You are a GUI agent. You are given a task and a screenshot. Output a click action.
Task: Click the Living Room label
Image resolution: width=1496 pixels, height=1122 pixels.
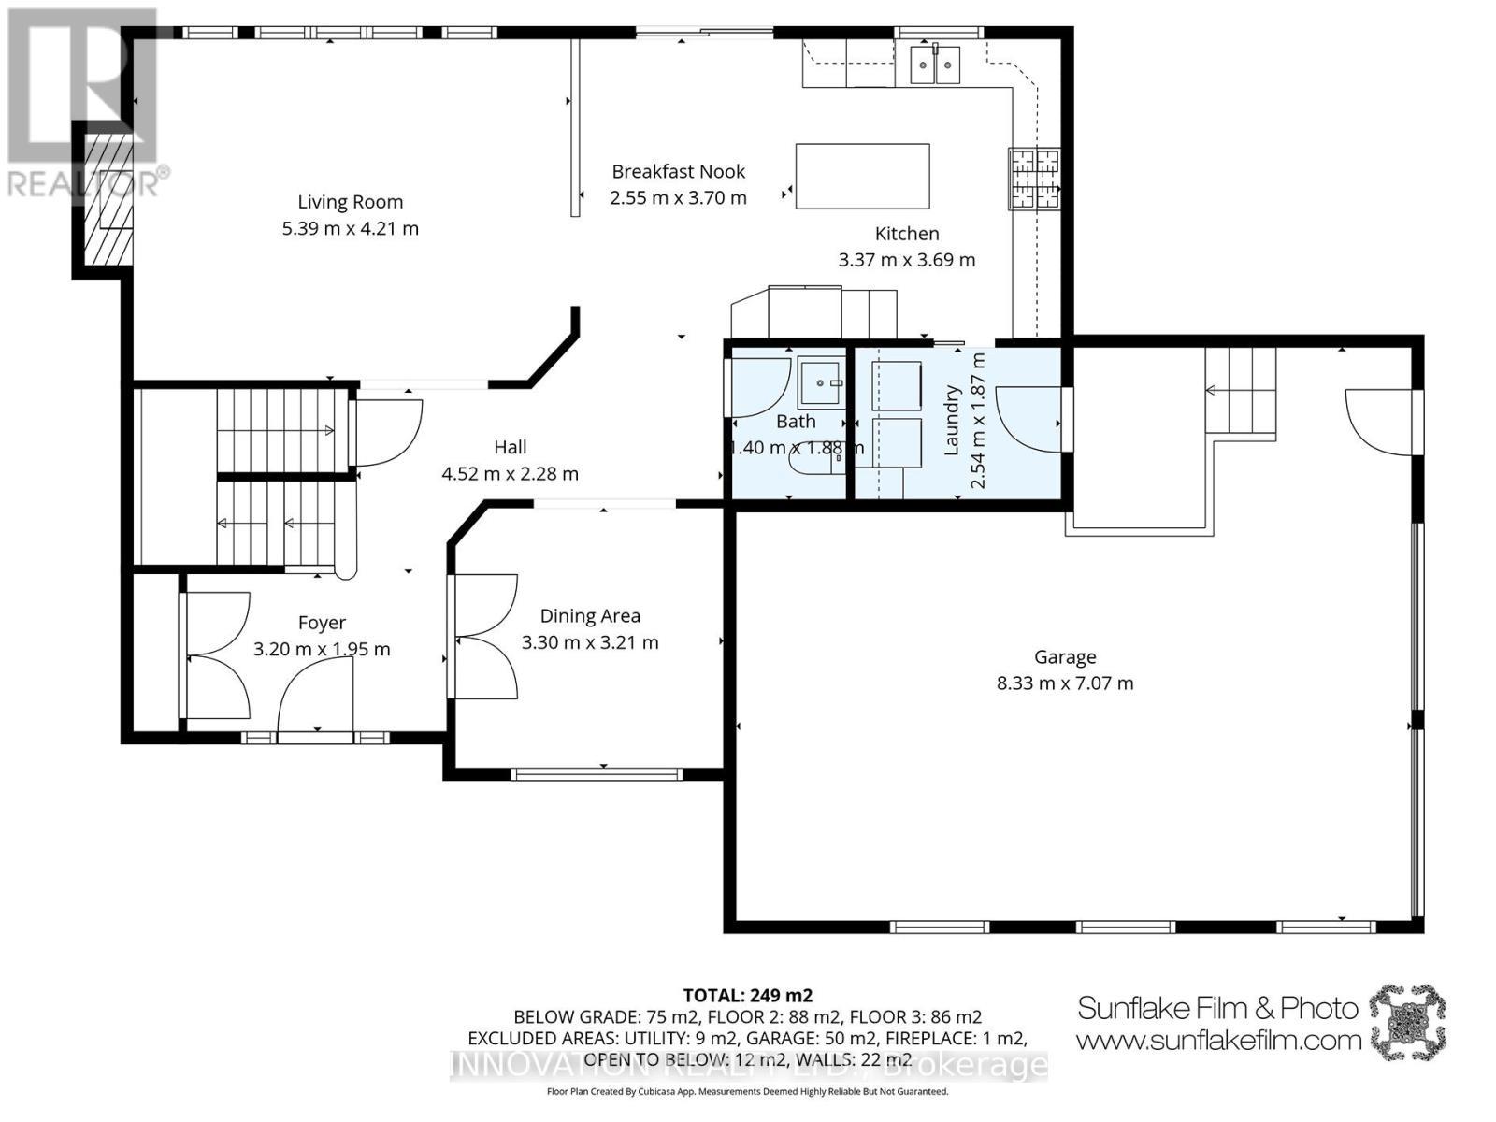pos(350,202)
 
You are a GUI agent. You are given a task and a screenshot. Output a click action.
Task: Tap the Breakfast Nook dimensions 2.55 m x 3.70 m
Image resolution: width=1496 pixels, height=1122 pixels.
pos(678,198)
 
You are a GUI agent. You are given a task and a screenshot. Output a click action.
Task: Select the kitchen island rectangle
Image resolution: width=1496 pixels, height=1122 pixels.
pos(862,176)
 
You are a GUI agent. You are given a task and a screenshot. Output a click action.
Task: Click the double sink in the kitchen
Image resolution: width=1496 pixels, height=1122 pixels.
pos(936,64)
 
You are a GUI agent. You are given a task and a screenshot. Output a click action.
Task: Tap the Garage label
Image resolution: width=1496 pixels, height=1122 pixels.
pos(1065,657)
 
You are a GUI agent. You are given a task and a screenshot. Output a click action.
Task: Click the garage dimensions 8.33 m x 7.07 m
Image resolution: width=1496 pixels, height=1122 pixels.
pos(1065,683)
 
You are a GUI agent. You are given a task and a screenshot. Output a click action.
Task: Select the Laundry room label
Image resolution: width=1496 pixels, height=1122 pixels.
pos(952,420)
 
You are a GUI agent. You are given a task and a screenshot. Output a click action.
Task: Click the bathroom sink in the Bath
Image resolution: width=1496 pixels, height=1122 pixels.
pos(821,381)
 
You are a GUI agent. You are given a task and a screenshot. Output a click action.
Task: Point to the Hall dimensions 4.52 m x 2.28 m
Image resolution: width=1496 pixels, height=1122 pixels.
pos(510,474)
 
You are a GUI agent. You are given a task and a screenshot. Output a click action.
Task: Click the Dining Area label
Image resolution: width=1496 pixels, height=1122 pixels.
pos(590,616)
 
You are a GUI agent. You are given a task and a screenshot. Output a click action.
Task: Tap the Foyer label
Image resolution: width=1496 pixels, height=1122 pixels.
pos(322,623)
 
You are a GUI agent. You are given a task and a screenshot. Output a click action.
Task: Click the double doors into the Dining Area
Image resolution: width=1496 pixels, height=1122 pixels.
pos(484,637)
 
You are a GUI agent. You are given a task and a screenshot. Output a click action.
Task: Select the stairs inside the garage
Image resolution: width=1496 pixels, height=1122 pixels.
pos(1241,391)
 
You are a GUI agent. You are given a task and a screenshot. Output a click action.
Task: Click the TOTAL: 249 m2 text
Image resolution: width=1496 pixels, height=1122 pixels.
pos(747,995)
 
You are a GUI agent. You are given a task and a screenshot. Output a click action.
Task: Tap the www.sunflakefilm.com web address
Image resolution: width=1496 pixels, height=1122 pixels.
pos(1218,1040)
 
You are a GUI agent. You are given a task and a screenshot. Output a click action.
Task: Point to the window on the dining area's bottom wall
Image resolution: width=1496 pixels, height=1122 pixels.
pos(597,773)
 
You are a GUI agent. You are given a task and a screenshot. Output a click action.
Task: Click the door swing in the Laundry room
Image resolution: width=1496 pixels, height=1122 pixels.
pos(1028,421)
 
